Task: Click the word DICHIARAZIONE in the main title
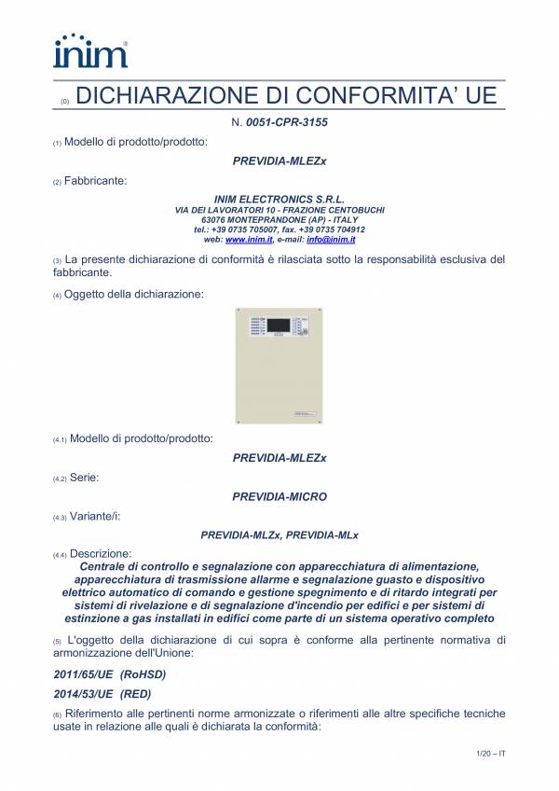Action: (x=164, y=97)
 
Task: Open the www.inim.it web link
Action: (x=242, y=240)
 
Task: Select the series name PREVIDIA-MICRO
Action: (x=279, y=497)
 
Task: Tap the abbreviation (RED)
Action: (x=136, y=694)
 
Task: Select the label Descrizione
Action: (x=101, y=554)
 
